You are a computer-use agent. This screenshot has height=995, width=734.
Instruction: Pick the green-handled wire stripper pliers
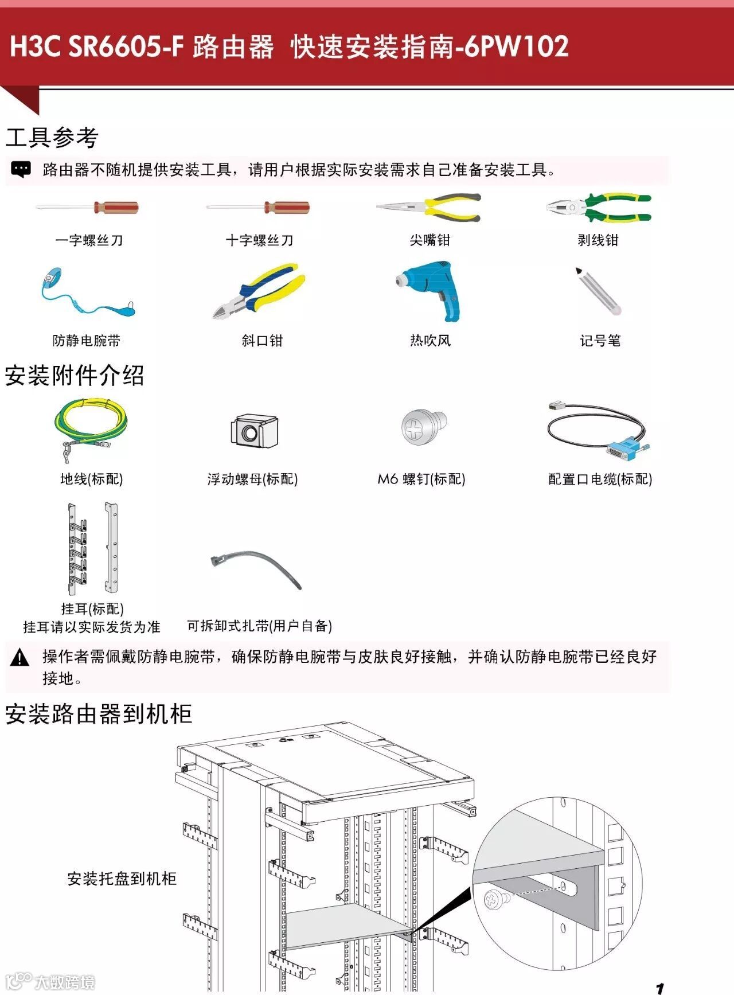(x=599, y=208)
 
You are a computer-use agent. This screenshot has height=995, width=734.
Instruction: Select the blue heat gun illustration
(x=431, y=290)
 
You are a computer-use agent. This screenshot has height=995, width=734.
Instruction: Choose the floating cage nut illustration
(x=254, y=431)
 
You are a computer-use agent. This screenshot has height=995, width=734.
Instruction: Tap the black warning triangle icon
(x=20, y=657)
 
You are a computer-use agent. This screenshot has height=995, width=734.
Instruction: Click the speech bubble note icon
(x=21, y=169)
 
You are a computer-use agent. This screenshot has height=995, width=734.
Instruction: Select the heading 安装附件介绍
(x=75, y=376)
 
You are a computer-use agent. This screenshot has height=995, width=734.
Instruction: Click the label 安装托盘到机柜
(x=122, y=879)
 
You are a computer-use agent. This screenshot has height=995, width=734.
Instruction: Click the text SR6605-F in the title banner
(x=126, y=46)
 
